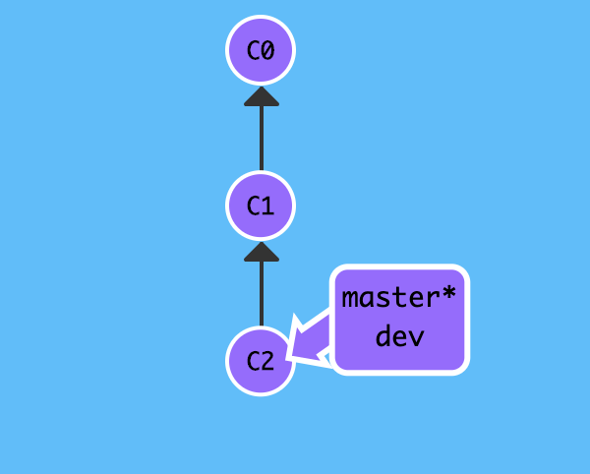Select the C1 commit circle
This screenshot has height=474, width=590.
[261, 207]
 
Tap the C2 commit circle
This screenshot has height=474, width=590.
[261, 361]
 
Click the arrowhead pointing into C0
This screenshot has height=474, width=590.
[261, 95]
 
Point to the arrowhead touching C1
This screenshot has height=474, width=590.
[261, 252]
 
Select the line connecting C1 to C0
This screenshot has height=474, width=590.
[261, 138]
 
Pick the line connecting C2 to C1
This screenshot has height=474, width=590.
[261, 293]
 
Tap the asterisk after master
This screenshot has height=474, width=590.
[449, 294]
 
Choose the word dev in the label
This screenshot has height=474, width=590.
[399, 336]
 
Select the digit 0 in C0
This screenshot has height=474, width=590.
[268, 50]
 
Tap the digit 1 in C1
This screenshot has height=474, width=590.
[268, 207]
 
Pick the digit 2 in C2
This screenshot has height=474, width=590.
[268, 362]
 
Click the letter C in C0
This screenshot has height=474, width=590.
[253, 50]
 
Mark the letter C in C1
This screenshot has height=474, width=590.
[253, 207]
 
